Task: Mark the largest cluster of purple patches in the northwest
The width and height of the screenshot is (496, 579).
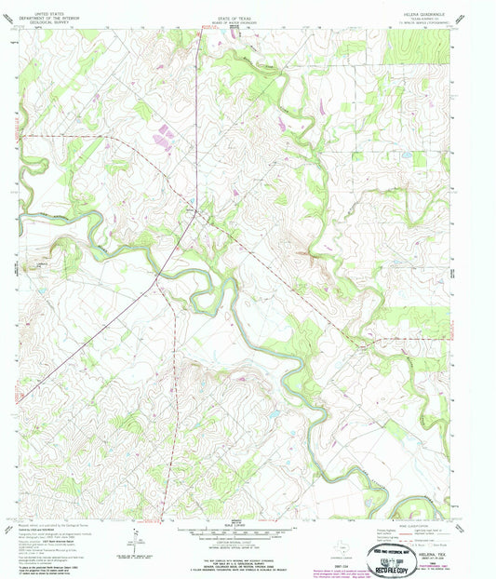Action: tap(165, 137)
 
